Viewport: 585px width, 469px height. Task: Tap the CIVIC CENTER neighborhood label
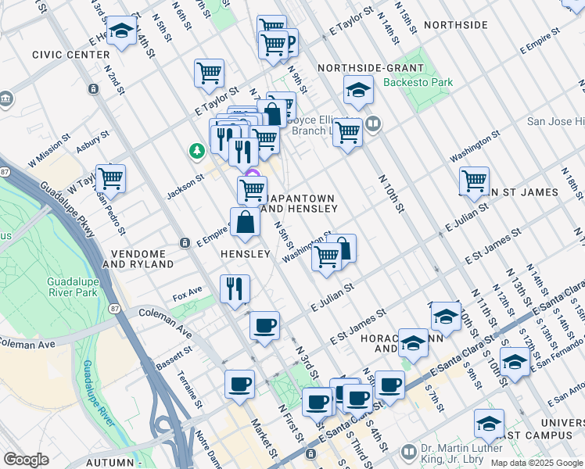point(70,55)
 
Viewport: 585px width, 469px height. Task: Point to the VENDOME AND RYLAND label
point(138,260)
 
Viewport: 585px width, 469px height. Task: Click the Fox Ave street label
point(187,293)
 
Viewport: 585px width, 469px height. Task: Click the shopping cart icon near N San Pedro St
point(110,178)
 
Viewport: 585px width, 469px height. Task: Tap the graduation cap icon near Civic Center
point(120,31)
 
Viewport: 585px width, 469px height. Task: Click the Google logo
point(27,460)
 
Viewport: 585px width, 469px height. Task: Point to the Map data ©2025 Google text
point(536,463)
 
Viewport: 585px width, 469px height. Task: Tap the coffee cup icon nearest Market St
point(239,385)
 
